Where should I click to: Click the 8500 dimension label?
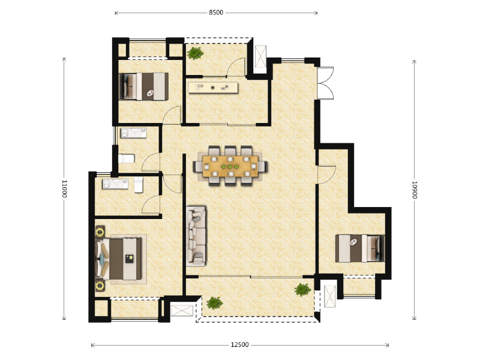(x=216, y=13)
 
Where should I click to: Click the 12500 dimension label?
(x=239, y=345)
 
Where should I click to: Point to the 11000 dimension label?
(x=64, y=188)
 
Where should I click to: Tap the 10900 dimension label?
(x=415, y=190)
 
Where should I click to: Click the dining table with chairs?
(x=230, y=166)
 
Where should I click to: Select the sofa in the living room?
(x=196, y=236)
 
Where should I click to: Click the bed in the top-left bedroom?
(x=143, y=86)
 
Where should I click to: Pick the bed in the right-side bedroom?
(x=359, y=248)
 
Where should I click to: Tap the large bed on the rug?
(x=119, y=259)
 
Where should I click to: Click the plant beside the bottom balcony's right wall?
(x=303, y=290)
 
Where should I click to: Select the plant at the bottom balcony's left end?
(x=214, y=303)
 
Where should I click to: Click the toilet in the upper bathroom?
(x=127, y=158)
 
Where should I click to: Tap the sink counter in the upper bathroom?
(x=134, y=133)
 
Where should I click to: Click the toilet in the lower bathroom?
(x=139, y=185)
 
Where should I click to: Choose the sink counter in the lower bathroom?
(x=115, y=184)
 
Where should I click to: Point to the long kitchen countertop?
(x=213, y=88)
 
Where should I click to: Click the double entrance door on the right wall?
(x=325, y=83)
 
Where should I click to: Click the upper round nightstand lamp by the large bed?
(x=100, y=232)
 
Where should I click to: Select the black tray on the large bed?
(x=130, y=259)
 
